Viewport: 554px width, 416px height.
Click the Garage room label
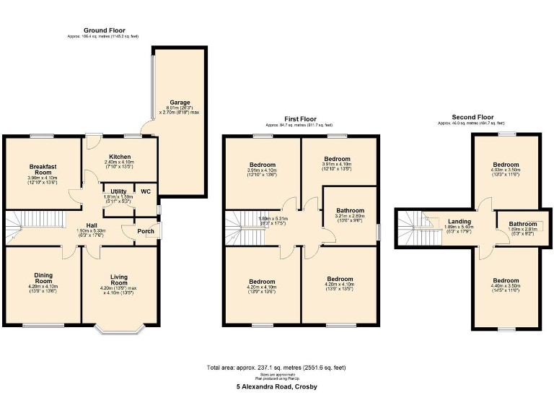click(x=180, y=103)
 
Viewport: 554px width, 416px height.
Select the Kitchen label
click(x=120, y=157)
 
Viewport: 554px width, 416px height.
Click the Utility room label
click(x=118, y=191)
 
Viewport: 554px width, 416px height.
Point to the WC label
click(x=146, y=191)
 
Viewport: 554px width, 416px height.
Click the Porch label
click(x=146, y=232)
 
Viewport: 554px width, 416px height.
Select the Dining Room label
click(x=43, y=278)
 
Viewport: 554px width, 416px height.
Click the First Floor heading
click(x=299, y=119)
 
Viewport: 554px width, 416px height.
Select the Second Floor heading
click(x=472, y=117)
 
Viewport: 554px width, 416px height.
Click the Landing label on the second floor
click(x=460, y=222)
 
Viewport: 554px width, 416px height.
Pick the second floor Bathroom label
click(x=522, y=225)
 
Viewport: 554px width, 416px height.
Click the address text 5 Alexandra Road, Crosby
click(x=277, y=386)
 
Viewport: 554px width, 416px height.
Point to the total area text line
click(x=277, y=368)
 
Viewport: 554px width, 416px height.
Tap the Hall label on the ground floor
click(x=92, y=225)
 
